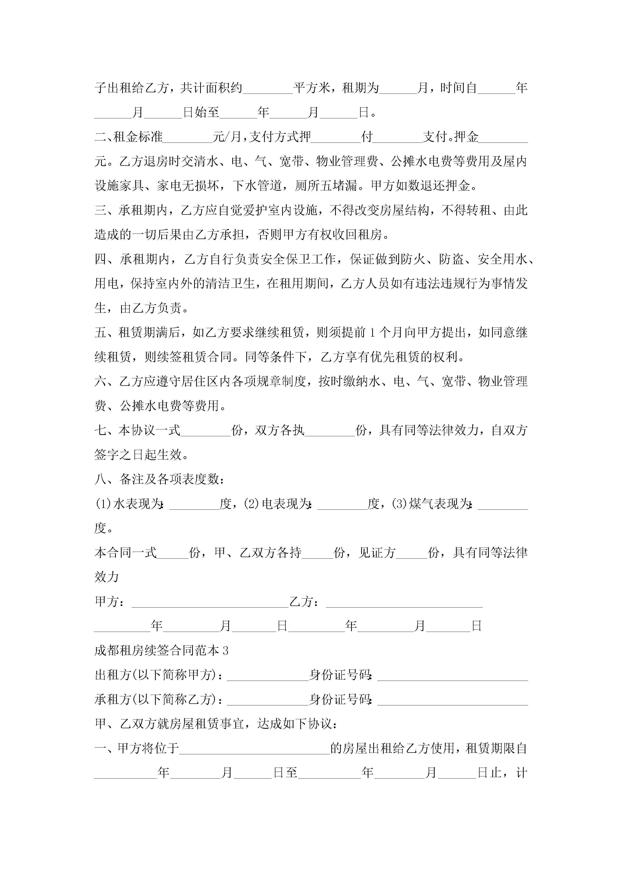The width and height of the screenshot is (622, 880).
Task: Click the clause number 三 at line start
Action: tap(100, 210)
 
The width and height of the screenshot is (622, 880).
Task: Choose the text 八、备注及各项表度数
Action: tap(159, 479)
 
